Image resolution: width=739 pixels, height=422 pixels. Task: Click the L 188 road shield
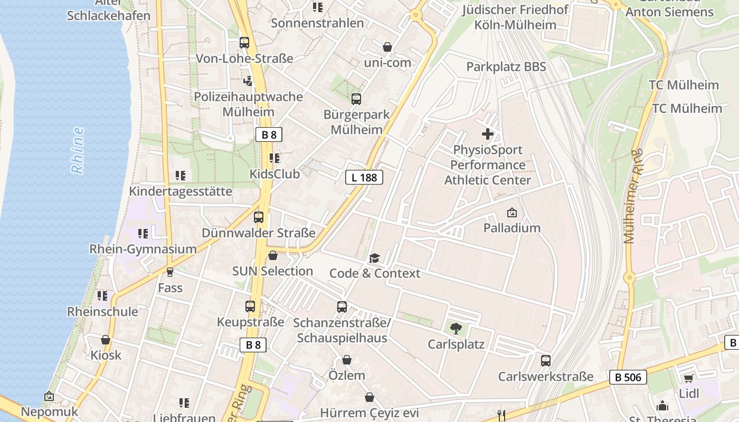pos(364,177)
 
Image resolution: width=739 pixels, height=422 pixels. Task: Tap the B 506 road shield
pos(628,377)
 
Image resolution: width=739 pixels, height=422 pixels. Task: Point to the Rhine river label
pos(78,150)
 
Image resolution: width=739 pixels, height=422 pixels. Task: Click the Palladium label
pos(512,228)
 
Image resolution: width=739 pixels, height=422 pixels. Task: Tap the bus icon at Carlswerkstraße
pos(546,361)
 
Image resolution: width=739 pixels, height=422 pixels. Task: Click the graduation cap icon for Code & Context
pos(374,258)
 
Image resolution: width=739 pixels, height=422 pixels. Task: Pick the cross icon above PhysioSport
pos(488,134)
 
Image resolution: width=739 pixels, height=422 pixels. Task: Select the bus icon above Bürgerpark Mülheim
pos(356,99)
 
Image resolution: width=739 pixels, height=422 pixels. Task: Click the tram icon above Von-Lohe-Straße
pos(244,43)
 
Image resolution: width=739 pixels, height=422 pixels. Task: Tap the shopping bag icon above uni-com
pos(387,47)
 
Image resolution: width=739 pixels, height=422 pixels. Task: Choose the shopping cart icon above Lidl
pos(688,378)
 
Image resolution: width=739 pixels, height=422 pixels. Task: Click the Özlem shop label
pos(347,376)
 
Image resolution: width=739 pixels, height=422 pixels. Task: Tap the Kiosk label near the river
pos(106,355)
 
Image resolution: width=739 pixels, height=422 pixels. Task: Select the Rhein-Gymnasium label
pos(143,249)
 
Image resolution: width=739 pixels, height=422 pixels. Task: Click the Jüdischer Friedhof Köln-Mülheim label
pos(515,17)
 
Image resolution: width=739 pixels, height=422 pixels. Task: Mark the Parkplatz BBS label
pos(506,67)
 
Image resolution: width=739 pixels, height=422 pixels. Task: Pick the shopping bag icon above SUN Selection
pos(273,256)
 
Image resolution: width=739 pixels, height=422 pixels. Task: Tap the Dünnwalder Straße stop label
pos(259,233)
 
